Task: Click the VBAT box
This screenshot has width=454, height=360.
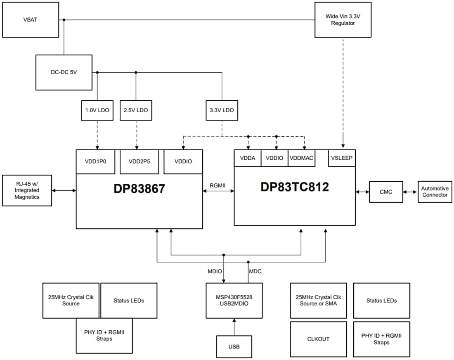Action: click(31, 19)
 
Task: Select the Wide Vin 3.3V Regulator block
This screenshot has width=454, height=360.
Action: click(343, 20)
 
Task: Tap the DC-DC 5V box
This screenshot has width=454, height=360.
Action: click(64, 72)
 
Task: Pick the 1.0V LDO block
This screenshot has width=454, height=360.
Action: click(97, 110)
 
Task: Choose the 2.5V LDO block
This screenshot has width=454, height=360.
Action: click(135, 110)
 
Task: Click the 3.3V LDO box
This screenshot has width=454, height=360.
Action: click(222, 110)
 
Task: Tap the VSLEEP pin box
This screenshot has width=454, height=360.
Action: click(341, 158)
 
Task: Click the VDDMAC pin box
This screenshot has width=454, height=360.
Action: click(301, 158)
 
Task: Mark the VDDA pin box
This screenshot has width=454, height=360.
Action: click(248, 158)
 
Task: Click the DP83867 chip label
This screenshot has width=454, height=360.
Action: click(139, 189)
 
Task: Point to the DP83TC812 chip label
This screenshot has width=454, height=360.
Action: click(294, 187)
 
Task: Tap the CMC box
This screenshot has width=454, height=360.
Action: click(385, 192)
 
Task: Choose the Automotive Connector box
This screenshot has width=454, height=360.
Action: click(434, 192)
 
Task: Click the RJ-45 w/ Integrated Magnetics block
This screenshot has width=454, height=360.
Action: click(27, 190)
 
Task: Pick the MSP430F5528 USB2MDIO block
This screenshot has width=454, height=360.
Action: click(234, 300)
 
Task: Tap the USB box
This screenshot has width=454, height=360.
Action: click(234, 346)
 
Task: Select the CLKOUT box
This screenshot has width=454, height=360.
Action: click(318, 339)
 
